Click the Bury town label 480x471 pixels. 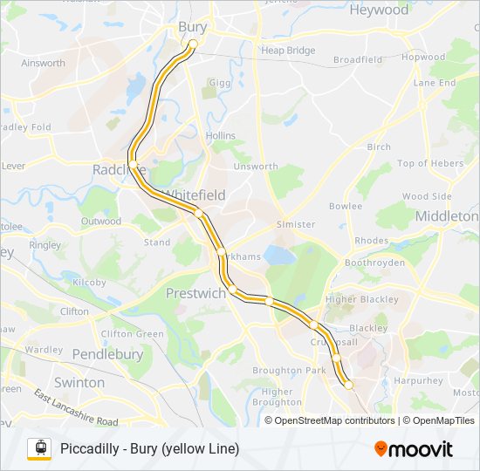[192, 27]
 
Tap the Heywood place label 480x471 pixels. [379, 10]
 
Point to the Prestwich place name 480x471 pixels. [195, 293]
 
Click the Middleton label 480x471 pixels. [447, 215]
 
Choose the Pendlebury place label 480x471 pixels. [107, 355]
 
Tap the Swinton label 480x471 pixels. [79, 383]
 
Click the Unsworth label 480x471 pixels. [255, 167]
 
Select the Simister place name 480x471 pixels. [295, 224]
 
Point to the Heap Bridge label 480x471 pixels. [288, 51]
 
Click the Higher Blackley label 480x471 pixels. [361, 299]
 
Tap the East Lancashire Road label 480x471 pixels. [77, 408]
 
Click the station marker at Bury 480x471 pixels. [193, 44]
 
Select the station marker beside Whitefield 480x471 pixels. [199, 213]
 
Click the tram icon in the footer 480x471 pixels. [39, 448]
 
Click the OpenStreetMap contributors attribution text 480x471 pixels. [335, 420]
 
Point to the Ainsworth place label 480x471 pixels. [44, 63]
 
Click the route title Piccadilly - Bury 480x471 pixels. [149, 449]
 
